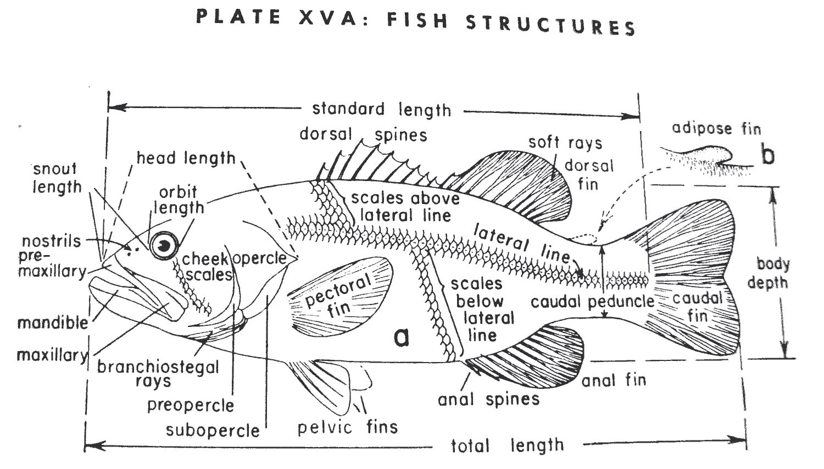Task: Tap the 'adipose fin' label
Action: click(x=716, y=129)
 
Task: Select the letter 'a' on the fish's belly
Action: click(x=402, y=337)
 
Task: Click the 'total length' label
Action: click(x=507, y=445)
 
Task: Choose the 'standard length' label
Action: click(x=381, y=109)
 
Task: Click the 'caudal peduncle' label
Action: click(x=592, y=301)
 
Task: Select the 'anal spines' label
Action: click(x=488, y=399)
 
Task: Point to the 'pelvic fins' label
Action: click(x=347, y=427)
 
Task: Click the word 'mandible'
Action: click(x=53, y=322)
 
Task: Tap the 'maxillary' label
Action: click(x=52, y=355)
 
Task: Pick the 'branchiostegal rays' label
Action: click(x=158, y=374)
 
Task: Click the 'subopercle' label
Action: click(x=213, y=430)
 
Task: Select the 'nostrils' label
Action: click(x=51, y=241)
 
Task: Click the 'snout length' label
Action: click(x=55, y=178)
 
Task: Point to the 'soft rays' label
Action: click(x=565, y=143)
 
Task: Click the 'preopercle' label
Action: click(x=191, y=405)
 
